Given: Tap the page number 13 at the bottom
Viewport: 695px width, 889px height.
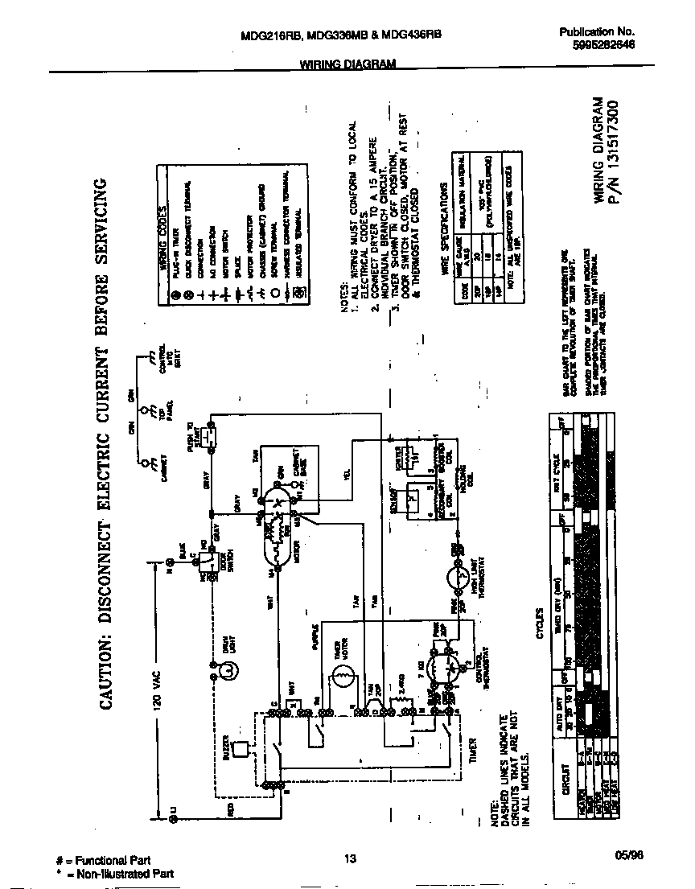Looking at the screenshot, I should point(349,859).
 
